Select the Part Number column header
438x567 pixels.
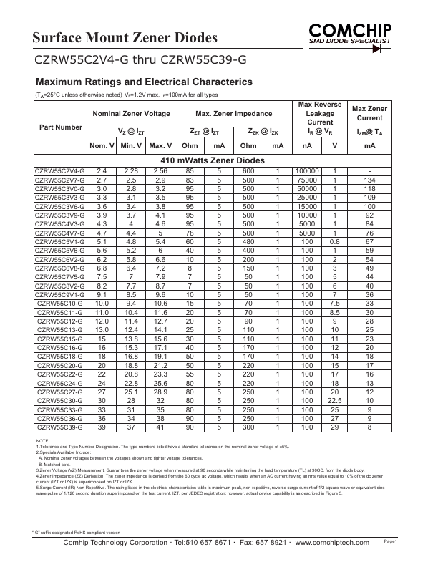pos(59,127)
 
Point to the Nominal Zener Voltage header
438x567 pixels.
pos(129,113)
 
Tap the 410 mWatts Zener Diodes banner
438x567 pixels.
pos(213,160)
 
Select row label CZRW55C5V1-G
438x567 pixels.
pos(60,241)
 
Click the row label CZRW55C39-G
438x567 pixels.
pos(60,427)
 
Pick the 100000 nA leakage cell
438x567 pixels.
pos(307,170)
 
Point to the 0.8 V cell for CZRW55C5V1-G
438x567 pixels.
pos(334,241)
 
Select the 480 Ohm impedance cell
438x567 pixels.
pos(248,241)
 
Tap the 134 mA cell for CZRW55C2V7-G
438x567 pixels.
pos(369,180)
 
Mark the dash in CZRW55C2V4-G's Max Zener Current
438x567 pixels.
pos(369,170)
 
